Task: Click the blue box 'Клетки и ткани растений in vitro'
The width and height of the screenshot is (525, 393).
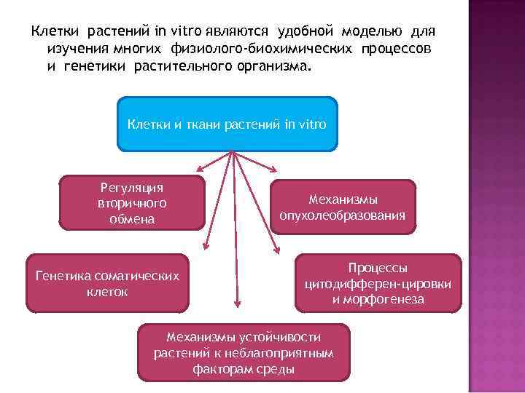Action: coord(227,124)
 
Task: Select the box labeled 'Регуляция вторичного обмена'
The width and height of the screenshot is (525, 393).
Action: coord(132,203)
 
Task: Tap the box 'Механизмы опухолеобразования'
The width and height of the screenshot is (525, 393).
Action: coord(343,207)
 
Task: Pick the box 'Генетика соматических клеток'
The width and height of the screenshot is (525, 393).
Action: coord(106,283)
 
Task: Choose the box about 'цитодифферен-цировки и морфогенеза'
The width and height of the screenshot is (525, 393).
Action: coord(378,283)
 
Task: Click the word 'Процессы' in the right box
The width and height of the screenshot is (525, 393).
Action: coord(378,268)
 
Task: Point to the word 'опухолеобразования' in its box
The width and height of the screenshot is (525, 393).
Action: coord(343,215)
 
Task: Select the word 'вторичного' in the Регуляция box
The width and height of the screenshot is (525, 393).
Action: coord(132,203)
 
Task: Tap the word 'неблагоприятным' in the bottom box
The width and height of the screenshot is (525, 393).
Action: coord(287,353)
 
